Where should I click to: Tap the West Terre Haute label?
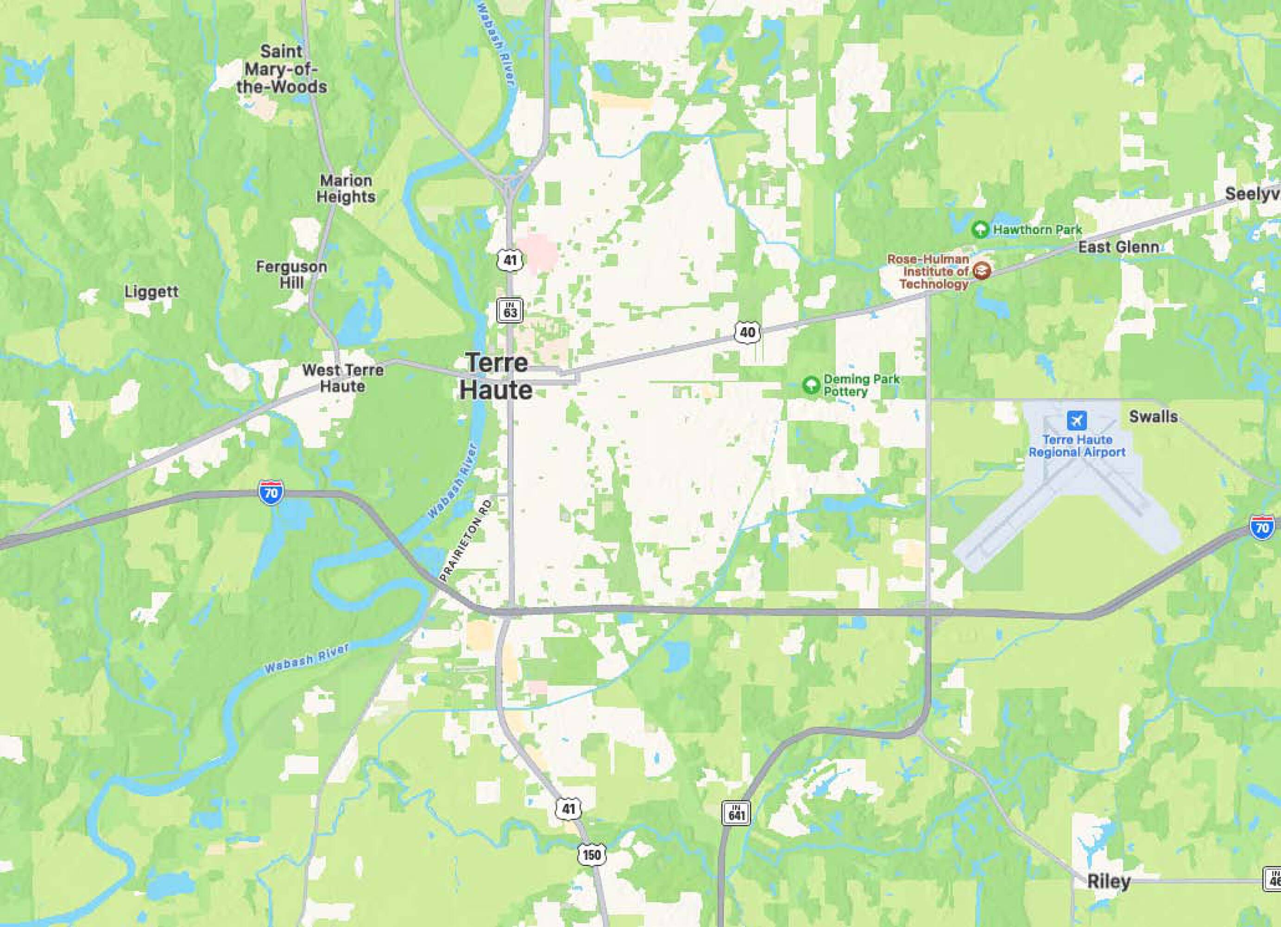(x=342, y=378)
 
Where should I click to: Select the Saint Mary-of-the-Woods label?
(x=281, y=69)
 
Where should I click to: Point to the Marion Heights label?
(x=346, y=189)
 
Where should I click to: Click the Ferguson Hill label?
(x=291, y=274)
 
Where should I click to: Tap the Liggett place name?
(x=151, y=292)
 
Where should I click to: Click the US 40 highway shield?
(x=747, y=332)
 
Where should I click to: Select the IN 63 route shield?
(x=510, y=310)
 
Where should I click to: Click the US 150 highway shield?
(x=591, y=854)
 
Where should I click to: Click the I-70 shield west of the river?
(x=271, y=493)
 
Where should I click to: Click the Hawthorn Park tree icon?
(x=980, y=229)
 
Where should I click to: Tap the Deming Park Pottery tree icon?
(x=811, y=385)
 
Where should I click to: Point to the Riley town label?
(x=1108, y=881)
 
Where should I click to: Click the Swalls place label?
(x=1153, y=416)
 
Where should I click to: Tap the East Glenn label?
(x=1118, y=247)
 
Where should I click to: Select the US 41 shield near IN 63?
(x=510, y=260)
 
